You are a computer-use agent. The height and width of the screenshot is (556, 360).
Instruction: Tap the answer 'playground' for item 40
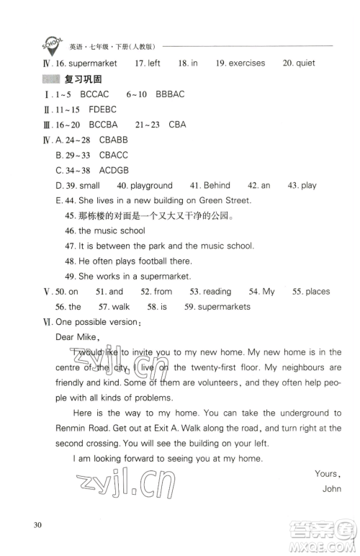[151, 185]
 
